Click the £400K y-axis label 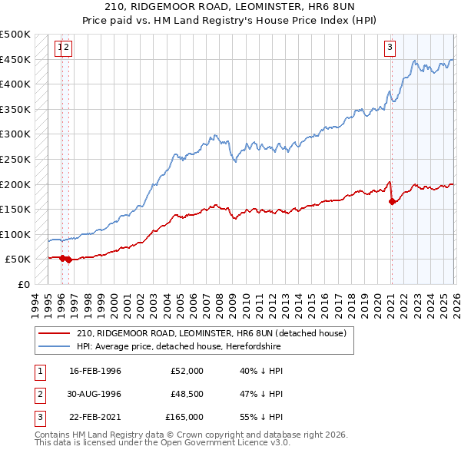coord(15,84)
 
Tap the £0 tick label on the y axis coord(22,284)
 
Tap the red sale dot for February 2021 coord(392,202)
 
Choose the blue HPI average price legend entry coord(178,347)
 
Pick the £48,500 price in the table coord(187,394)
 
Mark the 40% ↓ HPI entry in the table coord(262,371)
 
